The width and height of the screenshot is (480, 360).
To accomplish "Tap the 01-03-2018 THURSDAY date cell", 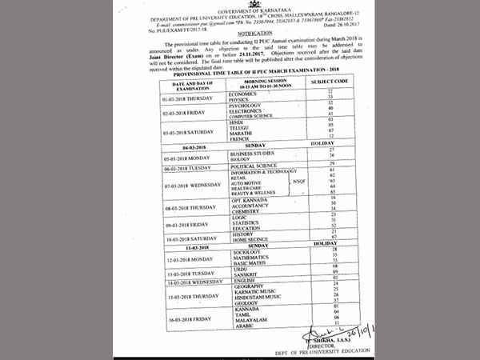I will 173,98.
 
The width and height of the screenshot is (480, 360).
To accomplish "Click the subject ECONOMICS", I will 245,94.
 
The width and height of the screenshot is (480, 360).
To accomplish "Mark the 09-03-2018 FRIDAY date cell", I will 170,225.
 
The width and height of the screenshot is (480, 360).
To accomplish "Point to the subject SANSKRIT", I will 244,276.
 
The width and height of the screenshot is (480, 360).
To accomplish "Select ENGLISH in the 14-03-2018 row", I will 243,283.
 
